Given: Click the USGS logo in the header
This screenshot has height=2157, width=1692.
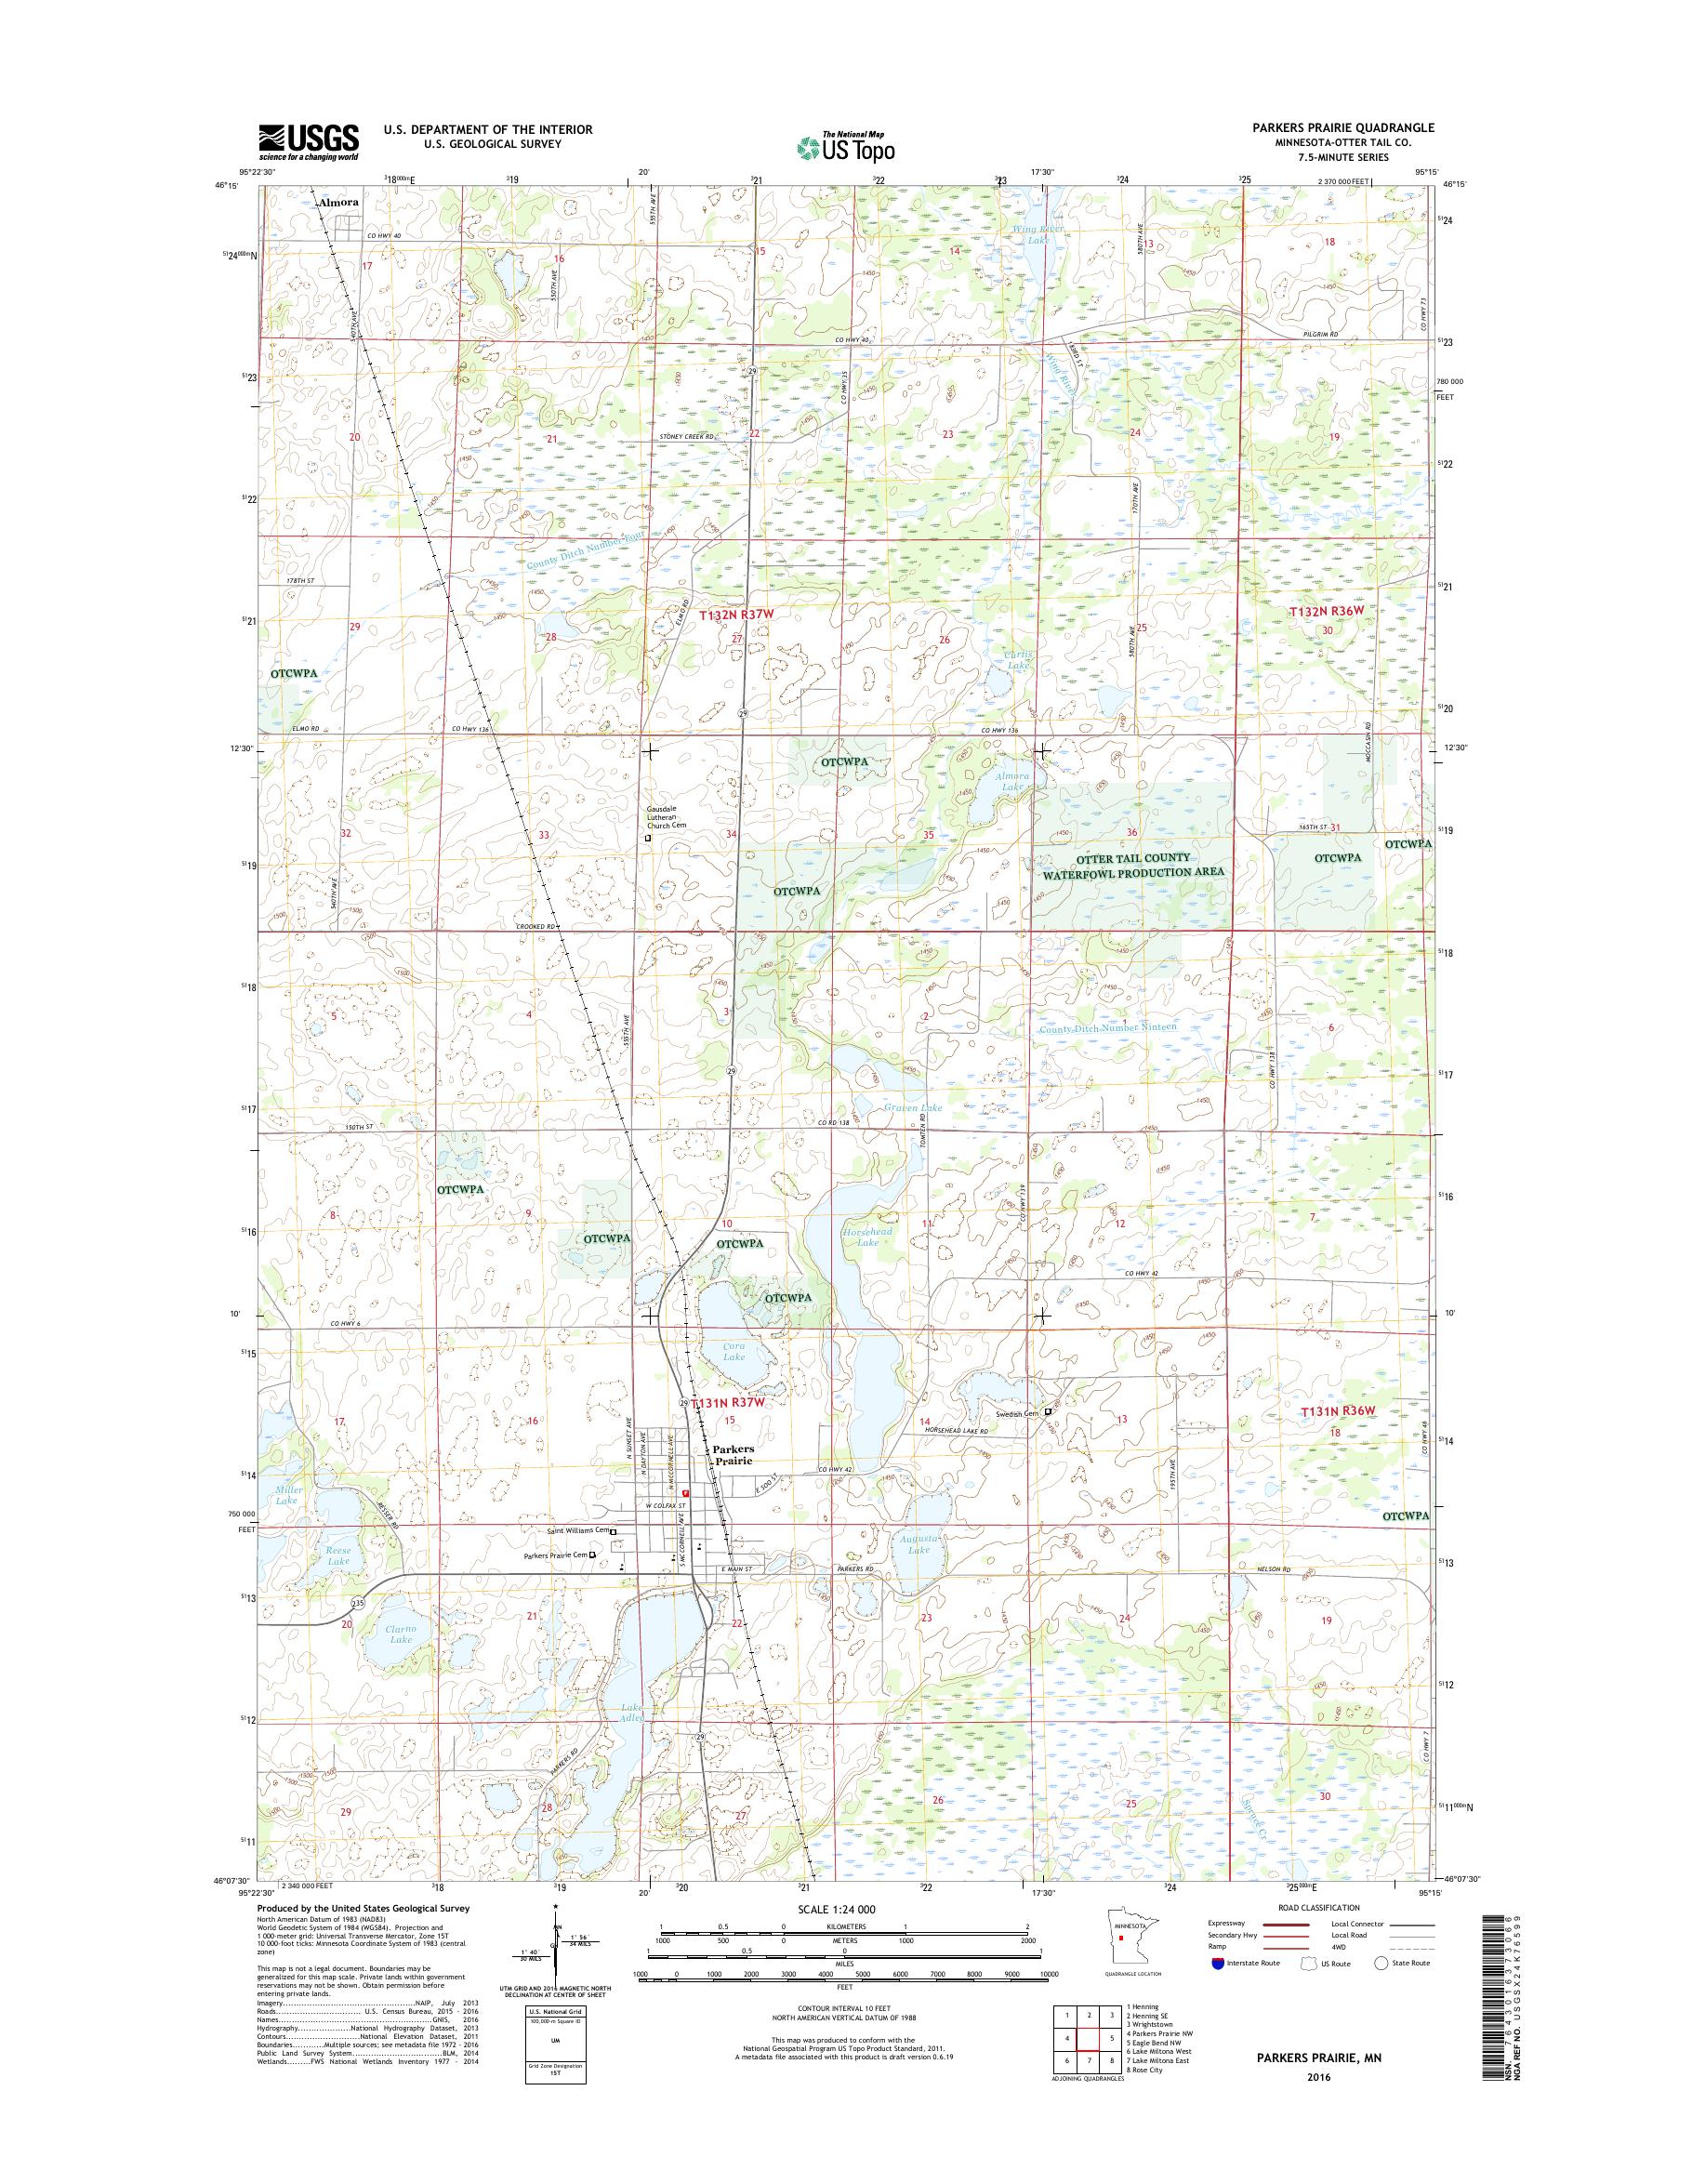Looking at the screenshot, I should click(x=308, y=141).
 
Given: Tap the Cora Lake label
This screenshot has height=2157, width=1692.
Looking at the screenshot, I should click(x=734, y=1352).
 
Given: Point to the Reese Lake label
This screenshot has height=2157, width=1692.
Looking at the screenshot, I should click(x=338, y=1555).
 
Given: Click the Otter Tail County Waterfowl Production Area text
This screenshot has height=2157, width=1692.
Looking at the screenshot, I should click(x=1133, y=864).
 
